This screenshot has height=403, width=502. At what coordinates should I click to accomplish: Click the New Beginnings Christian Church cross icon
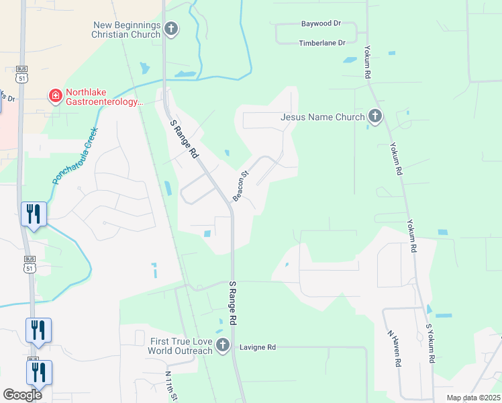point(172,29)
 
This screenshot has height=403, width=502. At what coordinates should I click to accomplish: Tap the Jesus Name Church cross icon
point(374,118)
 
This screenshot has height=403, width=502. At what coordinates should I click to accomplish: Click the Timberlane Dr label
point(321,42)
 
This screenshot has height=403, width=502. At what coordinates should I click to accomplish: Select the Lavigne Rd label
point(262,347)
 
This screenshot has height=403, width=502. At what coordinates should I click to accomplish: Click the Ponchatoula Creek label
point(75,156)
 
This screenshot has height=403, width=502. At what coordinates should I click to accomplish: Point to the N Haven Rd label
point(394,348)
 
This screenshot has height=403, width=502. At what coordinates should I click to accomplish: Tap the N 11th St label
point(171,386)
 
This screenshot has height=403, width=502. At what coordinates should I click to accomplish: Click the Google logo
point(22,395)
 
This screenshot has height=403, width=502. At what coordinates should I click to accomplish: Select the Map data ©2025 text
point(473,398)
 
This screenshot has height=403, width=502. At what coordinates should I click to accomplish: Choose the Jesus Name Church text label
point(322,118)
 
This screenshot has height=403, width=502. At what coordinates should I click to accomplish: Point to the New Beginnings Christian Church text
point(128,30)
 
